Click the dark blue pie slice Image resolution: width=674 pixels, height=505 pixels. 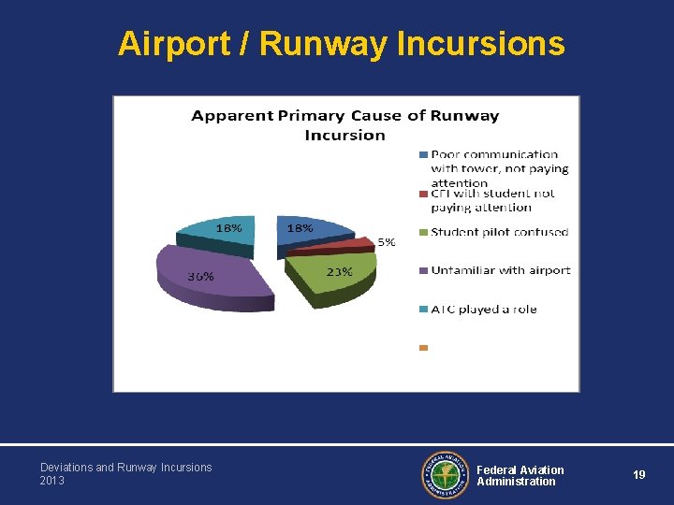[314, 230]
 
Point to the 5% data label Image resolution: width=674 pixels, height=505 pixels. [386, 241]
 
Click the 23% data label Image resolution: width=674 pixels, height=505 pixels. [339, 271]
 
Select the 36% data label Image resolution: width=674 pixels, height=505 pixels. [200, 276]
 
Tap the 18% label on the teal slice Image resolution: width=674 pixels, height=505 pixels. [229, 227]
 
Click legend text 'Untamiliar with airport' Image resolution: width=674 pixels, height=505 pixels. [500, 270]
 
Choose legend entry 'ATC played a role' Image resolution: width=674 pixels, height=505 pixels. [484, 309]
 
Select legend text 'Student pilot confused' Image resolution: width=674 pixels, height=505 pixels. [499, 232]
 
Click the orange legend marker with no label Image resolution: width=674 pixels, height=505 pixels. [423, 348]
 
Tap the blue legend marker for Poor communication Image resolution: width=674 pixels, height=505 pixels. [423, 154]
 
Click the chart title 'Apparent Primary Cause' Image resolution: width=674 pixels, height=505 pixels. [344, 124]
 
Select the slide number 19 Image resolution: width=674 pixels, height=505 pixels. [638, 475]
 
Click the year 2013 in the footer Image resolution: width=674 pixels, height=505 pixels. [52, 481]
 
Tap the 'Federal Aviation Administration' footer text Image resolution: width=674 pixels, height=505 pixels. [520, 475]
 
